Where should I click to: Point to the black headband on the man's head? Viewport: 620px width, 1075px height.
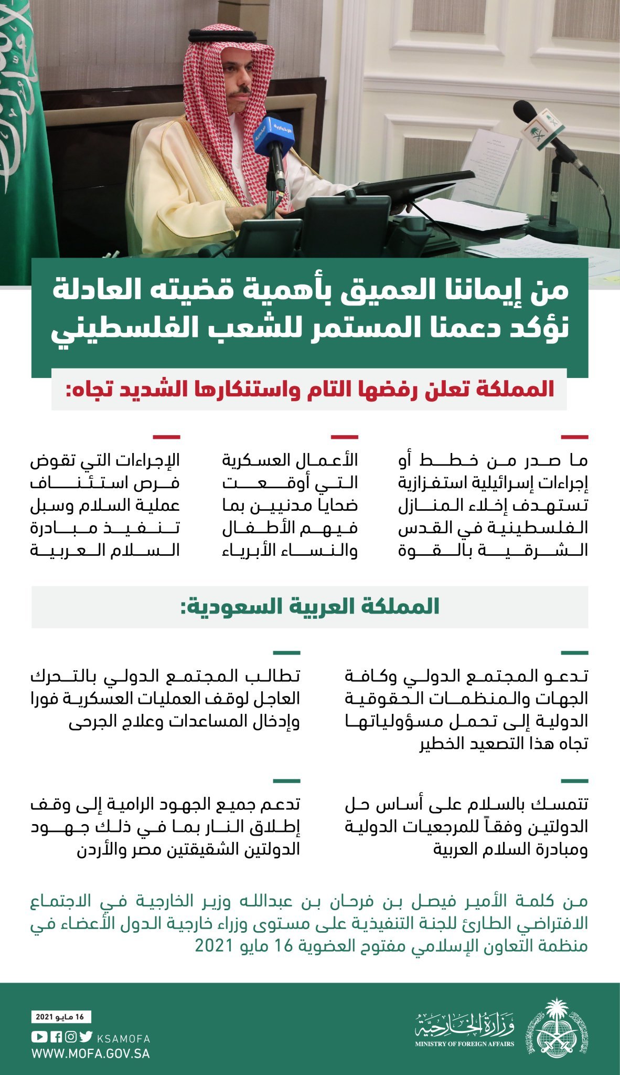coord(231,36)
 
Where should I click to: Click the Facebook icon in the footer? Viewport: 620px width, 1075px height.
coord(56,1037)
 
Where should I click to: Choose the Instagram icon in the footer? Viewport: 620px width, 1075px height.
coord(71,1037)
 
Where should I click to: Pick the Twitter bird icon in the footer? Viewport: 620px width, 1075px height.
coord(87,1037)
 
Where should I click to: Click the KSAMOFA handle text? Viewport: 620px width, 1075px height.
coord(124,1038)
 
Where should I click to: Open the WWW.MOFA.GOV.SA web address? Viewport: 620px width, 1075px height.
coord(90,1053)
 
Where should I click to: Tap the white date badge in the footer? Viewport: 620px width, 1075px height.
coord(61,1017)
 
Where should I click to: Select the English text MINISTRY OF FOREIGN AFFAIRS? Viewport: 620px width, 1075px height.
coord(465,1044)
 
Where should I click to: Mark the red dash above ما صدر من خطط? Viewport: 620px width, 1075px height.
coord(574,437)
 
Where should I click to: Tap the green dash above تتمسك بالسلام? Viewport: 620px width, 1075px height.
coord(574,781)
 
